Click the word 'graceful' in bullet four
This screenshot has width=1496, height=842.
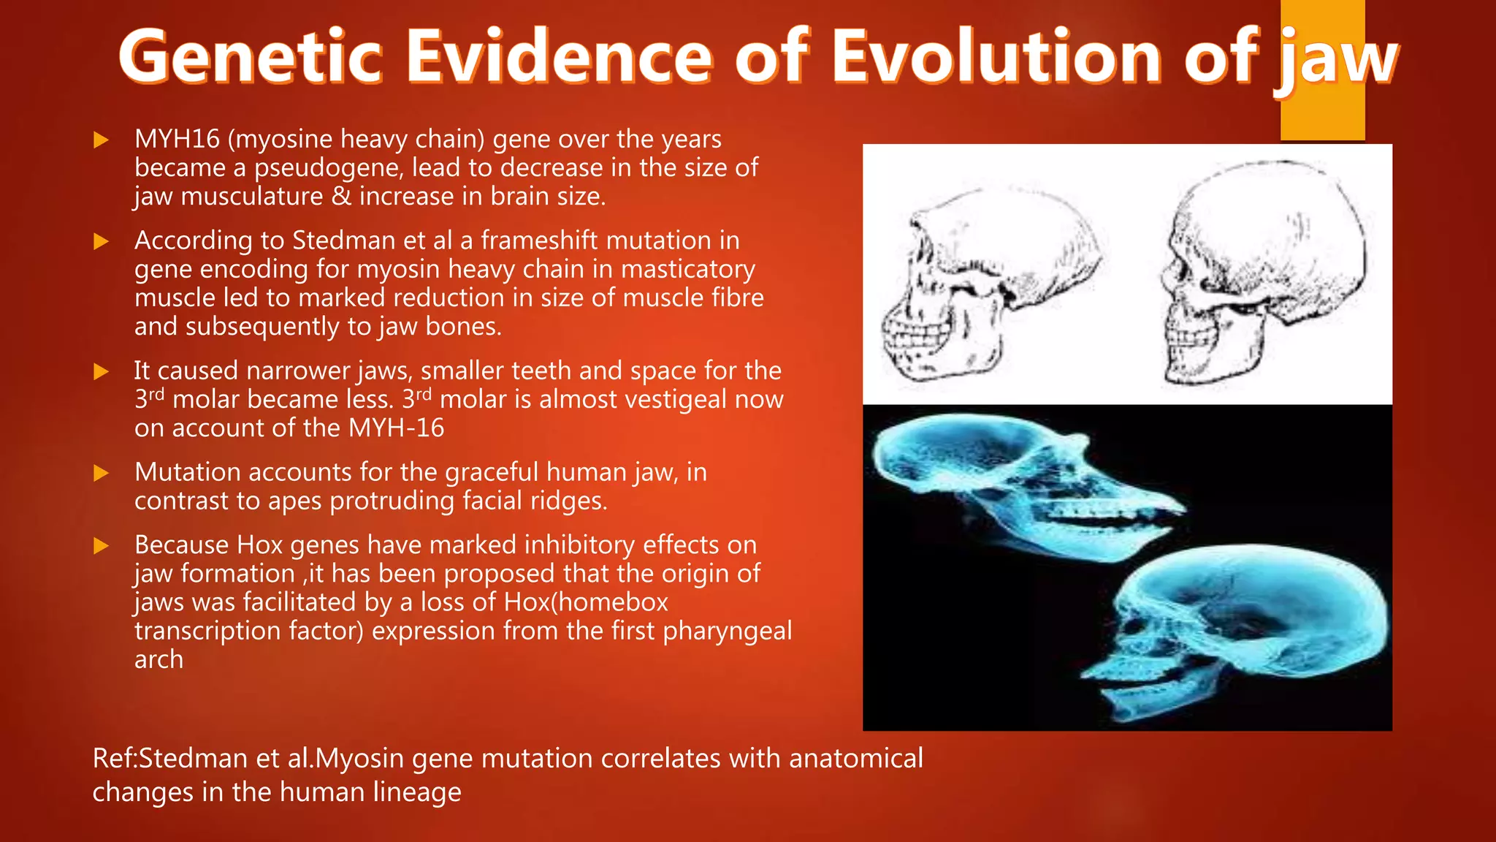492,472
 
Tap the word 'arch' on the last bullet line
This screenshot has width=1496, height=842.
159,659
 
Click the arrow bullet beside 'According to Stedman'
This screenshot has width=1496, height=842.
101,242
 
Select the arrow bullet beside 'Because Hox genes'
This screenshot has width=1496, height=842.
101,546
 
